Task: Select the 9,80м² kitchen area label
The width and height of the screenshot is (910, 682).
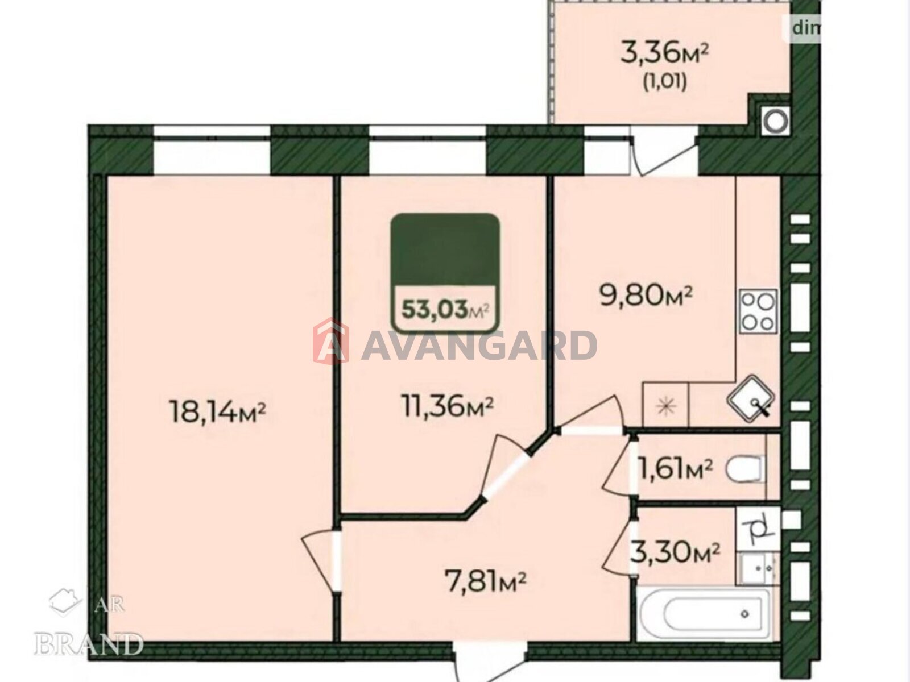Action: coord(647,296)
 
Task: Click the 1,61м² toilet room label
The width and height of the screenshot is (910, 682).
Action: coord(676,469)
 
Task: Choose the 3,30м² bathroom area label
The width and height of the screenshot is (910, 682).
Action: coord(675,552)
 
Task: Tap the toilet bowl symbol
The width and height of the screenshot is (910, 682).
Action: coord(743,469)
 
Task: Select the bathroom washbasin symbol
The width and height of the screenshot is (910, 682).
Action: coord(758,569)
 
